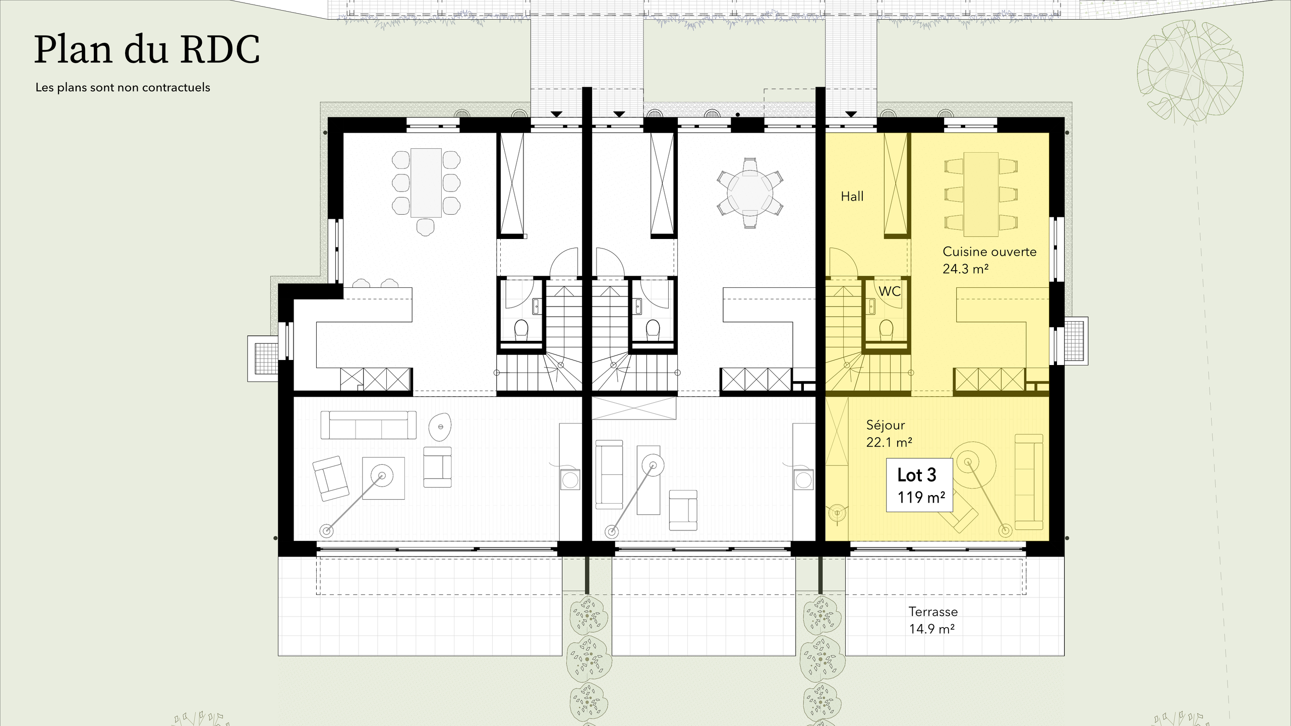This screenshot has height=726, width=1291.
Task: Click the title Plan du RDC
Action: click(147, 50)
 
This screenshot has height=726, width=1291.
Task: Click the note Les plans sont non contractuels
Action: click(123, 87)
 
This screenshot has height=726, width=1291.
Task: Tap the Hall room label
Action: click(852, 197)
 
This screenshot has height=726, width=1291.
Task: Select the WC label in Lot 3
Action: click(890, 291)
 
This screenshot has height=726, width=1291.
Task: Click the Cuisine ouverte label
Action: click(989, 252)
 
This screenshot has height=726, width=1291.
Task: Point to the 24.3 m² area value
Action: click(965, 269)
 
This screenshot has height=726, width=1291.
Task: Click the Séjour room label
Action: click(885, 425)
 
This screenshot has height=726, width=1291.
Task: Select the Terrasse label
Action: click(933, 612)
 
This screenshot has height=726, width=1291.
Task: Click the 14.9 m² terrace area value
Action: click(931, 629)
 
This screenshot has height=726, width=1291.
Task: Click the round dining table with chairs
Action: click(750, 193)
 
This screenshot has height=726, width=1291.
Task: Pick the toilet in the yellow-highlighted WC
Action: click(886, 330)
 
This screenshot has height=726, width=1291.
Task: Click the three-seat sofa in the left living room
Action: click(369, 425)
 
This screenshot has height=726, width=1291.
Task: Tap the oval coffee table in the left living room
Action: click(440, 427)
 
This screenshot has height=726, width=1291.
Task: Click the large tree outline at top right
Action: click(1190, 72)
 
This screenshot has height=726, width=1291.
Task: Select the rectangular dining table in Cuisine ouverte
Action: click(981, 194)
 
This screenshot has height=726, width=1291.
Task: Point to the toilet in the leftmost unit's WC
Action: click(521, 330)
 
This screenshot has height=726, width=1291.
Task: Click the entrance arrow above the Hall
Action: click(851, 114)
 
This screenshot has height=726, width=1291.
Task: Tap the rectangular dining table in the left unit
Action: click(426, 183)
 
